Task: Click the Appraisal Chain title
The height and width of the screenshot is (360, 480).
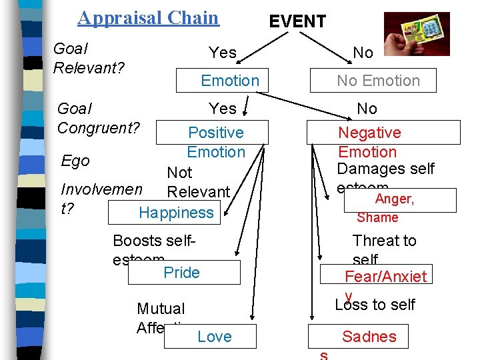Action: pyautogui.click(x=148, y=17)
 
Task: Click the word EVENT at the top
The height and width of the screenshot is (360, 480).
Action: pyautogui.click(x=297, y=21)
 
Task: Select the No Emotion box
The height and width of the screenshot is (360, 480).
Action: pyautogui.click(x=378, y=81)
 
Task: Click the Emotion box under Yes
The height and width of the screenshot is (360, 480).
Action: pyautogui.click(x=230, y=81)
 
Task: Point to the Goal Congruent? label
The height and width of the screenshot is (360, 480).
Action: pyautogui.click(x=99, y=117)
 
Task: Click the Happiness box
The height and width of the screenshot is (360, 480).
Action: pyautogui.click(x=177, y=213)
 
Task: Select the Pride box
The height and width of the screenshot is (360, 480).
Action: pyautogui.click(x=181, y=272)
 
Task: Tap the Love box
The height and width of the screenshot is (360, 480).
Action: pyautogui.click(x=215, y=337)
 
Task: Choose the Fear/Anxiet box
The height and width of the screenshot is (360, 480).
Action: pyautogui.click(x=385, y=276)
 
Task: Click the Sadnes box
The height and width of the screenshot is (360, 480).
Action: pyautogui.click(x=369, y=337)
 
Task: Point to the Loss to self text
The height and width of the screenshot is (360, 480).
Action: pyautogui.click(x=375, y=305)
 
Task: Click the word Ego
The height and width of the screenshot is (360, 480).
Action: pyautogui.click(x=75, y=161)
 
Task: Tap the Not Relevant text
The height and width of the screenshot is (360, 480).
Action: pyautogui.click(x=197, y=182)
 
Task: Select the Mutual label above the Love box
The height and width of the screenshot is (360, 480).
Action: pyautogui.click(x=161, y=309)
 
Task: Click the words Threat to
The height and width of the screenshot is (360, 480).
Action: pyautogui.click(x=384, y=241)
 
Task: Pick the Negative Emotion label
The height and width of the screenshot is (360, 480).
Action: pyautogui.click(x=369, y=142)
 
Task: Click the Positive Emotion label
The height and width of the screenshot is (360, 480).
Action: pyautogui.click(x=216, y=142)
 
